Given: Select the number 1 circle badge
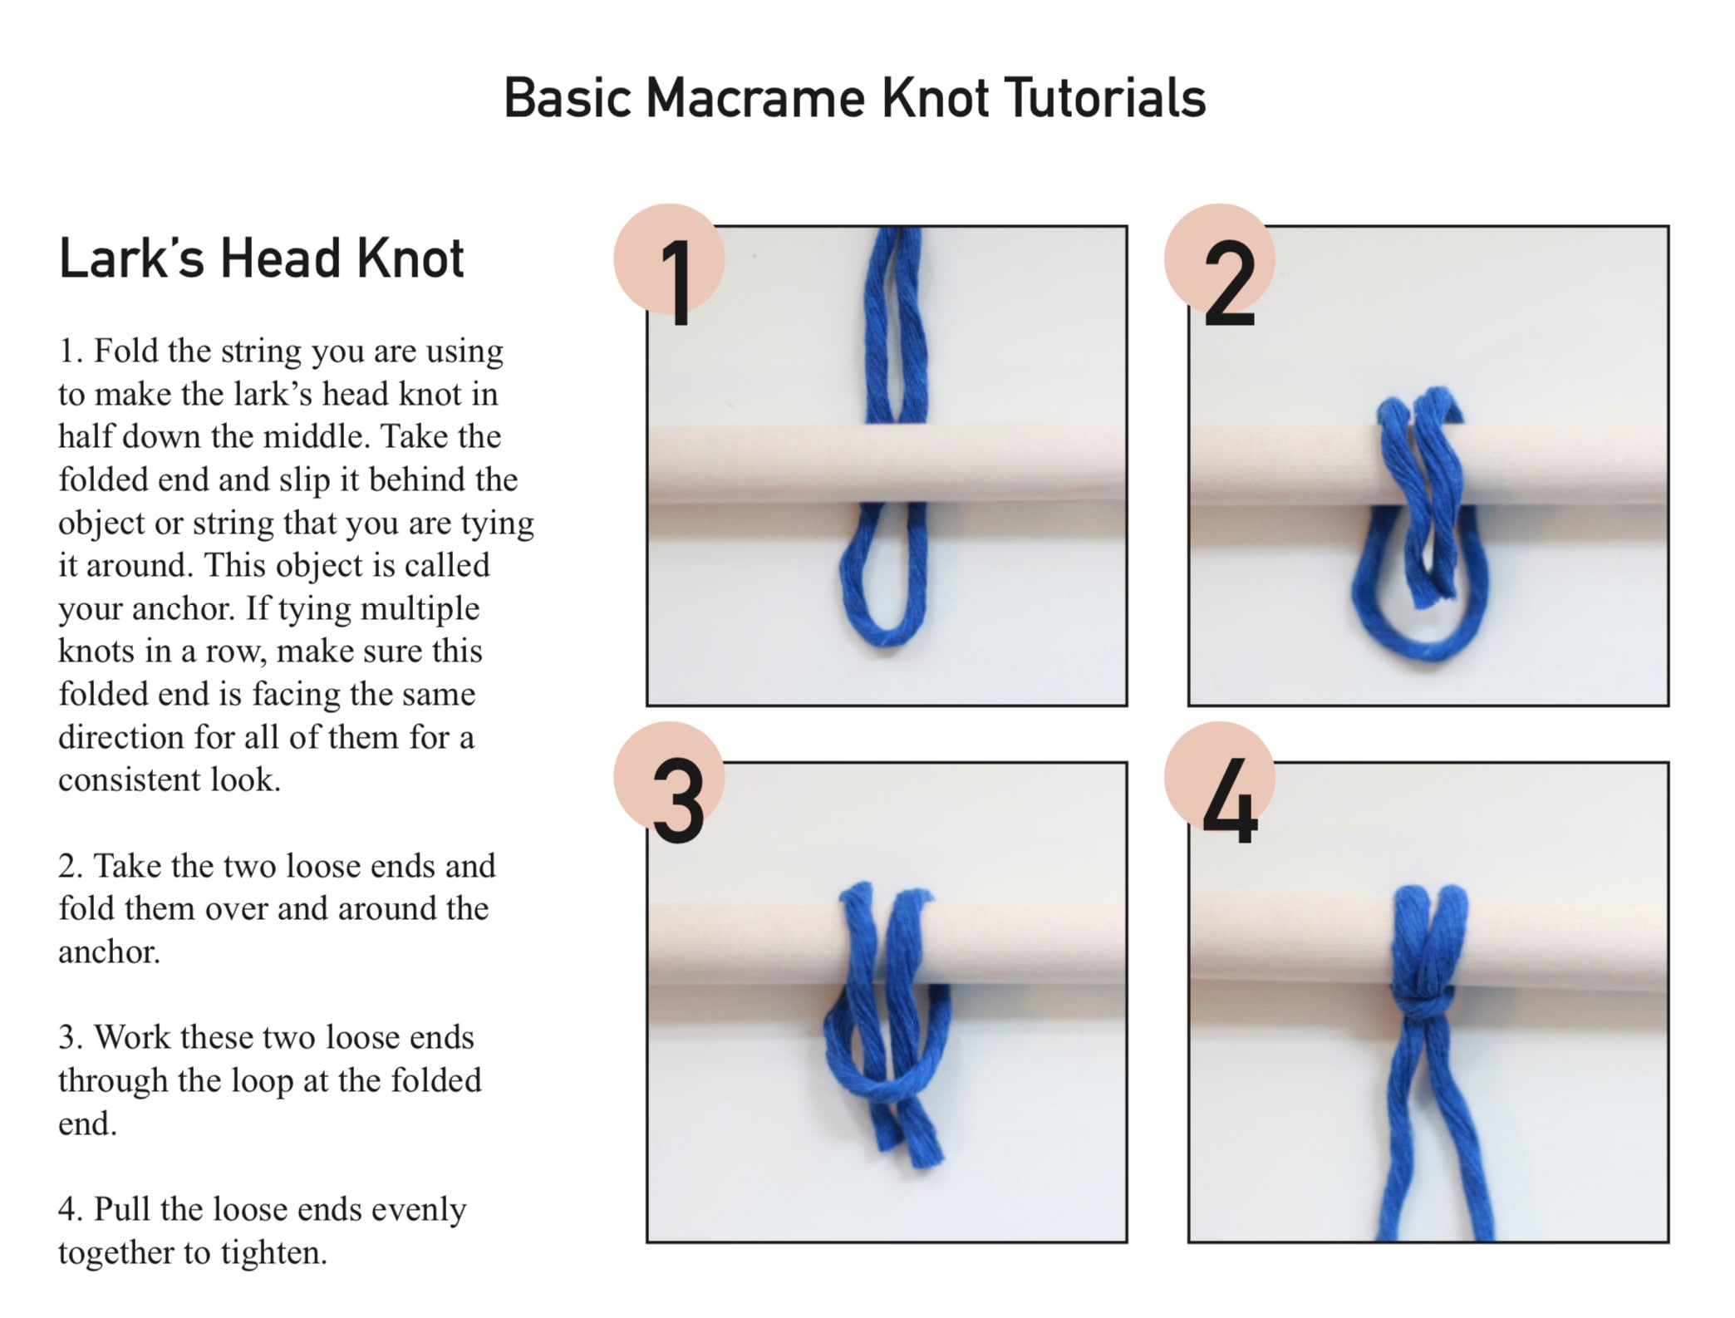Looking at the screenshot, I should coord(670,260).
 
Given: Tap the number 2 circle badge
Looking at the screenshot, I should coord(1219,260).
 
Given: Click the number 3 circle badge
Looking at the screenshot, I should coord(670,778).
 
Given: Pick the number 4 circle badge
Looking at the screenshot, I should coord(1219,778).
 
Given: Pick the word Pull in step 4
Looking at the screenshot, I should coord(122,1210).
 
